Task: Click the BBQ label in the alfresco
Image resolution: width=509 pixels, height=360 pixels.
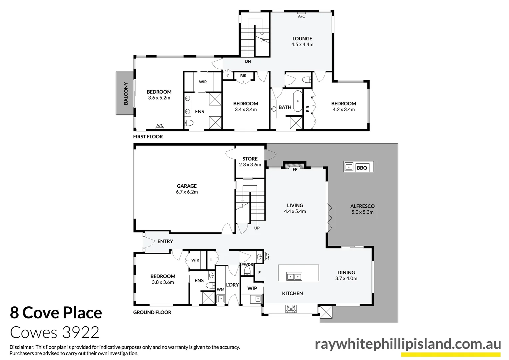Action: (x=362, y=168)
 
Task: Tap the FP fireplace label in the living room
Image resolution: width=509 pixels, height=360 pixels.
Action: (x=295, y=169)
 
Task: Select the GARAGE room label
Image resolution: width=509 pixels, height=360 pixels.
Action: (x=187, y=186)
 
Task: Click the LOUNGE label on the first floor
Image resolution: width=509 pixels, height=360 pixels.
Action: (x=302, y=39)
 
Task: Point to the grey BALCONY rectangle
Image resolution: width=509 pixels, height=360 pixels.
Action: (x=125, y=93)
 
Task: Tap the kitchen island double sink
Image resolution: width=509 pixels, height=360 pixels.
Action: (x=294, y=276)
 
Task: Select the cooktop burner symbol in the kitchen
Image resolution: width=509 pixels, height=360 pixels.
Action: (x=291, y=309)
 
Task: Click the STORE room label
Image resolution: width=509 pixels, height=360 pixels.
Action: (x=250, y=159)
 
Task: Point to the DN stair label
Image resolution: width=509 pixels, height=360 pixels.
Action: (x=248, y=61)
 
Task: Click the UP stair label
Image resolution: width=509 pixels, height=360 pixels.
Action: (x=257, y=228)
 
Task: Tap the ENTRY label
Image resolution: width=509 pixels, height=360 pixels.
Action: (x=165, y=241)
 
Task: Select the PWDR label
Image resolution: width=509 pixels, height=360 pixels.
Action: (x=247, y=264)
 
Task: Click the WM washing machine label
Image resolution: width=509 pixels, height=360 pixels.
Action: (x=221, y=289)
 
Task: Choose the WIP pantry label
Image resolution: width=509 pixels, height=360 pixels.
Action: (x=252, y=288)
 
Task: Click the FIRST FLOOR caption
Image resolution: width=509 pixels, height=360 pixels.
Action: (x=148, y=137)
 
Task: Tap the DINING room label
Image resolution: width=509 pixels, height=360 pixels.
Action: (x=346, y=272)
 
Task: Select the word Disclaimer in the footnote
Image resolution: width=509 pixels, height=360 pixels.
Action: (x=22, y=347)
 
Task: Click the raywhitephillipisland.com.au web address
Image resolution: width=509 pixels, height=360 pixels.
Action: (x=408, y=344)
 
